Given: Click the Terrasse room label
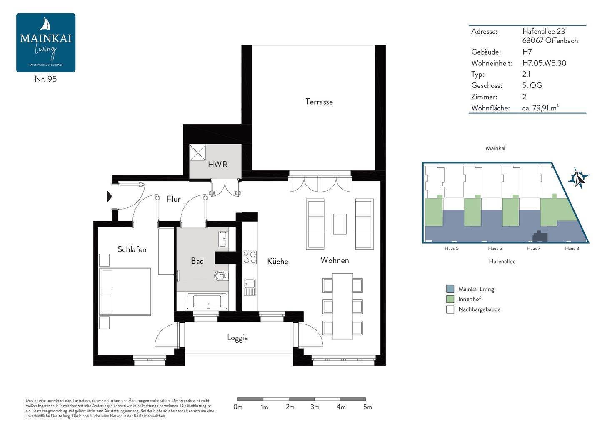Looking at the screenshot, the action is click(x=319, y=102).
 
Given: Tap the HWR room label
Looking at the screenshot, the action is click(x=217, y=165).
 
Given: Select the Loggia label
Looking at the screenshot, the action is click(x=237, y=338).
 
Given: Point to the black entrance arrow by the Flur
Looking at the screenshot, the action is click(x=109, y=197).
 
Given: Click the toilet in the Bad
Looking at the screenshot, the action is click(x=221, y=275).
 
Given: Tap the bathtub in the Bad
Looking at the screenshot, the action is click(x=207, y=301).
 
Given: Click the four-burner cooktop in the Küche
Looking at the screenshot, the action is click(x=249, y=257).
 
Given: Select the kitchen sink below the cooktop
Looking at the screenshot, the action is click(x=249, y=287).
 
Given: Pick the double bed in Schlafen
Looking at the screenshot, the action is click(x=125, y=292).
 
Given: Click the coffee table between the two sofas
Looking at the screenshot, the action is click(x=340, y=224).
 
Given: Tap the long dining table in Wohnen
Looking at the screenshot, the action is click(x=342, y=306).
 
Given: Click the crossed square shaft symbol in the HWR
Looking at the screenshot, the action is click(x=197, y=152).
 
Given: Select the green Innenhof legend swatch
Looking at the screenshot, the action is click(x=450, y=299).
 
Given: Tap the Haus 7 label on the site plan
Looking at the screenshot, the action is click(x=533, y=248).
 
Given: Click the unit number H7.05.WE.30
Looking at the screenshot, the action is click(x=544, y=63).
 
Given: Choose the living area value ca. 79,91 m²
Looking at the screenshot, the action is click(x=540, y=107).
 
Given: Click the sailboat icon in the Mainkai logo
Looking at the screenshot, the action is click(x=45, y=24).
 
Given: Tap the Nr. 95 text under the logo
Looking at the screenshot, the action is click(x=46, y=79).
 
